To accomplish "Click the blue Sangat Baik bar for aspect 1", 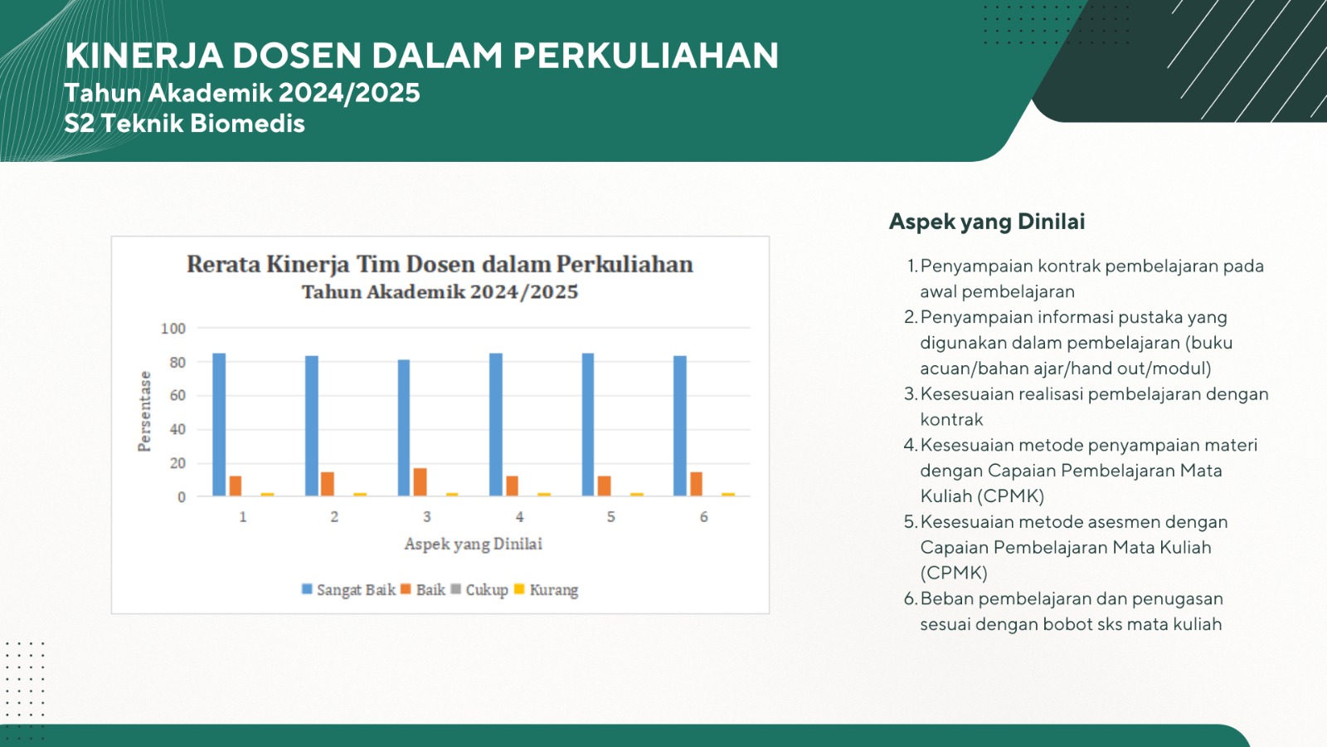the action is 219,424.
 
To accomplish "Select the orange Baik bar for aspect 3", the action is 420,482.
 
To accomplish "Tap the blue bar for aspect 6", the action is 680,426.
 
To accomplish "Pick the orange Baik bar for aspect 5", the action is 605,486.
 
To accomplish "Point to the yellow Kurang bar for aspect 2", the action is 360,495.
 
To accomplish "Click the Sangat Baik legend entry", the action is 348,590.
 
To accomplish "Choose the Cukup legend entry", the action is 479,590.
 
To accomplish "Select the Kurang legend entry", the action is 546,590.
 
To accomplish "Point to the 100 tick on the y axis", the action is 173,329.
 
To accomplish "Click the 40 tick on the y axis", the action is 177,429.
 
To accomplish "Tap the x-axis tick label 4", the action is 519,517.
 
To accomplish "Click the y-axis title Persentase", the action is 144,412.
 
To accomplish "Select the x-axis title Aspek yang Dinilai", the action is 474,544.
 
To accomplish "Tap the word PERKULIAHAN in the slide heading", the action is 646,56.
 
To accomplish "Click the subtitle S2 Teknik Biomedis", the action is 184,124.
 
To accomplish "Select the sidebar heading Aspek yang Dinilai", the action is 987,222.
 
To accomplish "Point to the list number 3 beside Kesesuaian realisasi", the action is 911,394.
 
